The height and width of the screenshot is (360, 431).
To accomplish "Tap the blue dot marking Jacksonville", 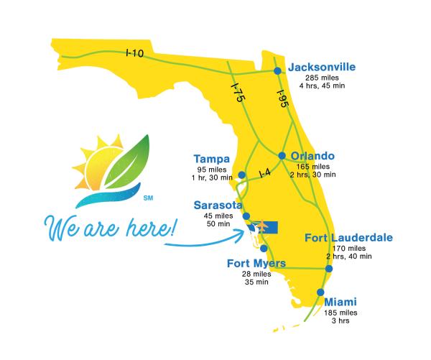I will pyautogui.click(x=277, y=70).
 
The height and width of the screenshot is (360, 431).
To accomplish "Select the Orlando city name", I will pyautogui.click(x=312, y=154).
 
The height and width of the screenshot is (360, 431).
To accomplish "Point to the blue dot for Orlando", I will pyautogui.click(x=282, y=155).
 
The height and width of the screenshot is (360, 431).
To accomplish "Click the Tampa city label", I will pyautogui.click(x=212, y=159).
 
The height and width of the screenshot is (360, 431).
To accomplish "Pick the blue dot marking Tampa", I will pyautogui.click(x=242, y=175).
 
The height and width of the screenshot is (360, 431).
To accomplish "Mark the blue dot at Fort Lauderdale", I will pyautogui.click(x=328, y=269).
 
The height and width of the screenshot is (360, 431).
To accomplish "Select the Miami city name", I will pyautogui.click(x=341, y=302).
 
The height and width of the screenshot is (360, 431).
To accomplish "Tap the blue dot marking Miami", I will pyautogui.click(x=320, y=292).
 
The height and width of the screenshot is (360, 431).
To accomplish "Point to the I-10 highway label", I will pyautogui.click(x=134, y=52).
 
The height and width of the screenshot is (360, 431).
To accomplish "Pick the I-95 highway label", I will pyautogui.click(x=283, y=99).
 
